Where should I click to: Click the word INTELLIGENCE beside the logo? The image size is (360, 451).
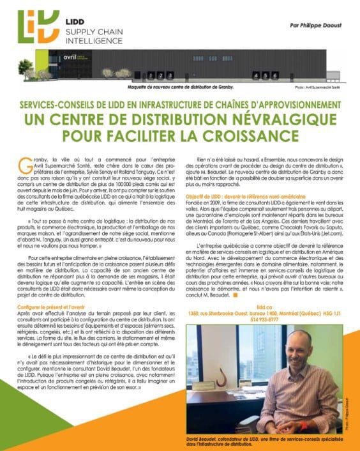click(94, 40)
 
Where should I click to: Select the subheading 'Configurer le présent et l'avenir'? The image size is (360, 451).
click(57, 307)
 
